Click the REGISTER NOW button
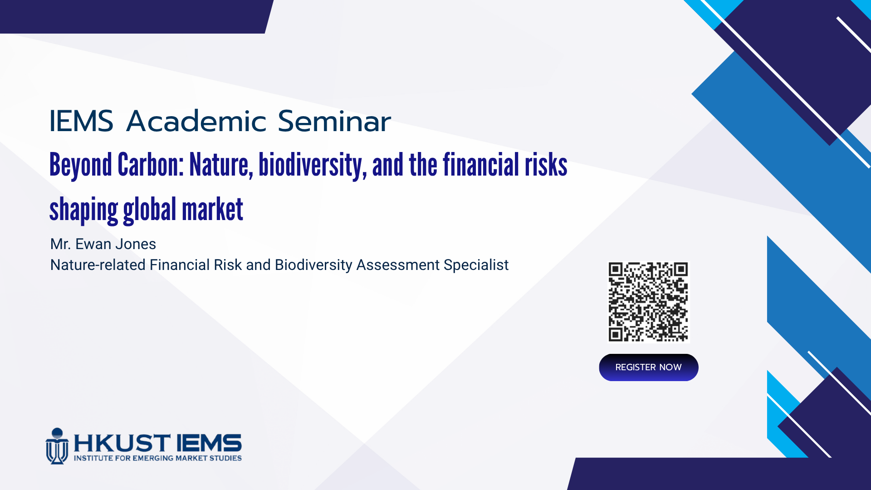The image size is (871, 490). [x=648, y=367]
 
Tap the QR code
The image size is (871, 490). [x=648, y=302]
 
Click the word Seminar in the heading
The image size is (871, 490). [x=334, y=121]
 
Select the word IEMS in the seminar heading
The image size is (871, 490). [x=81, y=121]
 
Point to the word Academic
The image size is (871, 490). [x=196, y=121]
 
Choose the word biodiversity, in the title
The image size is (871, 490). [x=313, y=166]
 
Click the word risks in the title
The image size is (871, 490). [x=546, y=164]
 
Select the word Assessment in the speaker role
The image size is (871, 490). [x=398, y=265]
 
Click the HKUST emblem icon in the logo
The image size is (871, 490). [x=57, y=446]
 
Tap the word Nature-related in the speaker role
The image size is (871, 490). [x=98, y=265]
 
